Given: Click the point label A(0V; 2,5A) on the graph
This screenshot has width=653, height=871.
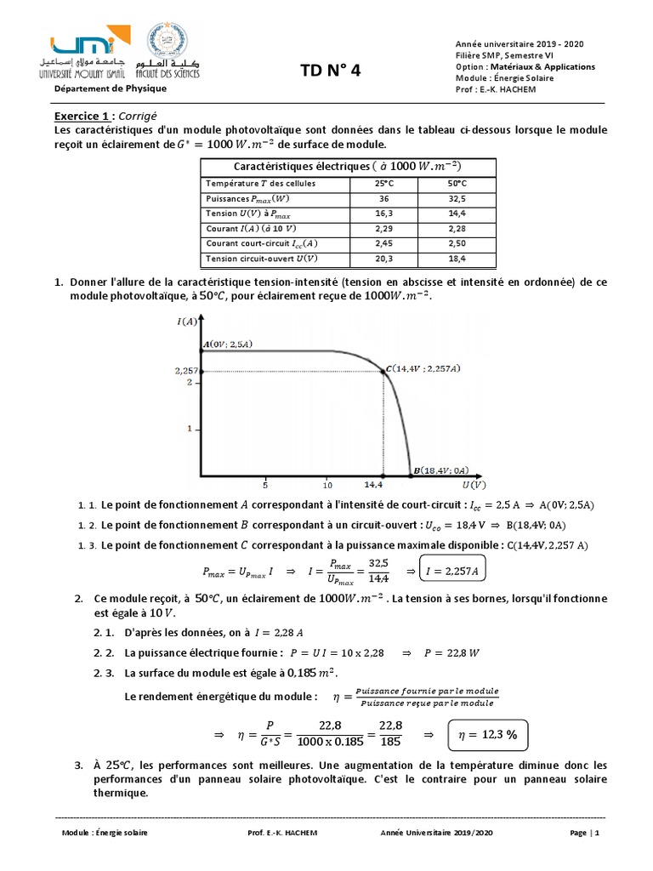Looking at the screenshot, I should (229, 344).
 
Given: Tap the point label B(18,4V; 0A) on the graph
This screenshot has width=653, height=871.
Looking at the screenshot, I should (440, 470).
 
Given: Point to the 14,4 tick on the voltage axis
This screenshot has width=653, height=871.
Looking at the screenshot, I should (374, 485).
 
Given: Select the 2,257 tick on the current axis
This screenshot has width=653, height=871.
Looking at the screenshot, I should (185, 372).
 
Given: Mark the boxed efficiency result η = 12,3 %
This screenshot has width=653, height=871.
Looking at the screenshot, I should (488, 734).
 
